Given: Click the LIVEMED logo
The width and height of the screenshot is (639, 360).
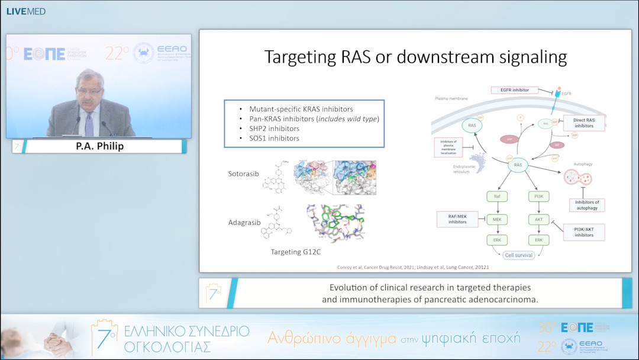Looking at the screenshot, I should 25,11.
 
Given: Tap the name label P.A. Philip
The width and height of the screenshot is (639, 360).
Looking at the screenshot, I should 101,146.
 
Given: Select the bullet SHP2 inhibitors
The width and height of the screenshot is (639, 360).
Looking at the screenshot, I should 274,128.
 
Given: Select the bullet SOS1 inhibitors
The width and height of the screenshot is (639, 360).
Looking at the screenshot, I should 274,138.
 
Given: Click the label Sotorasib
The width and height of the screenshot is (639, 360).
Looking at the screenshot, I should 244,174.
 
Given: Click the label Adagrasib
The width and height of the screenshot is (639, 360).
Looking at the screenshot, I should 244,223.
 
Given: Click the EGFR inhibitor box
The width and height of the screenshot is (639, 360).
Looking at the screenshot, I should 514,90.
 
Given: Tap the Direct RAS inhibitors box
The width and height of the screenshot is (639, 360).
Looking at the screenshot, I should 584,123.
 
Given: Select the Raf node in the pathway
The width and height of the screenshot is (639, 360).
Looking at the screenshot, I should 497,196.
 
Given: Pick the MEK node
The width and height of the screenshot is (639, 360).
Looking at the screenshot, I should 497,219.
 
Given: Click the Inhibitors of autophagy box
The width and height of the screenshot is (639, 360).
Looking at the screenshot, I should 586,204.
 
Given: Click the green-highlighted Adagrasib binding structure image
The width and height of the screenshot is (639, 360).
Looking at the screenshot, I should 335,224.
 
